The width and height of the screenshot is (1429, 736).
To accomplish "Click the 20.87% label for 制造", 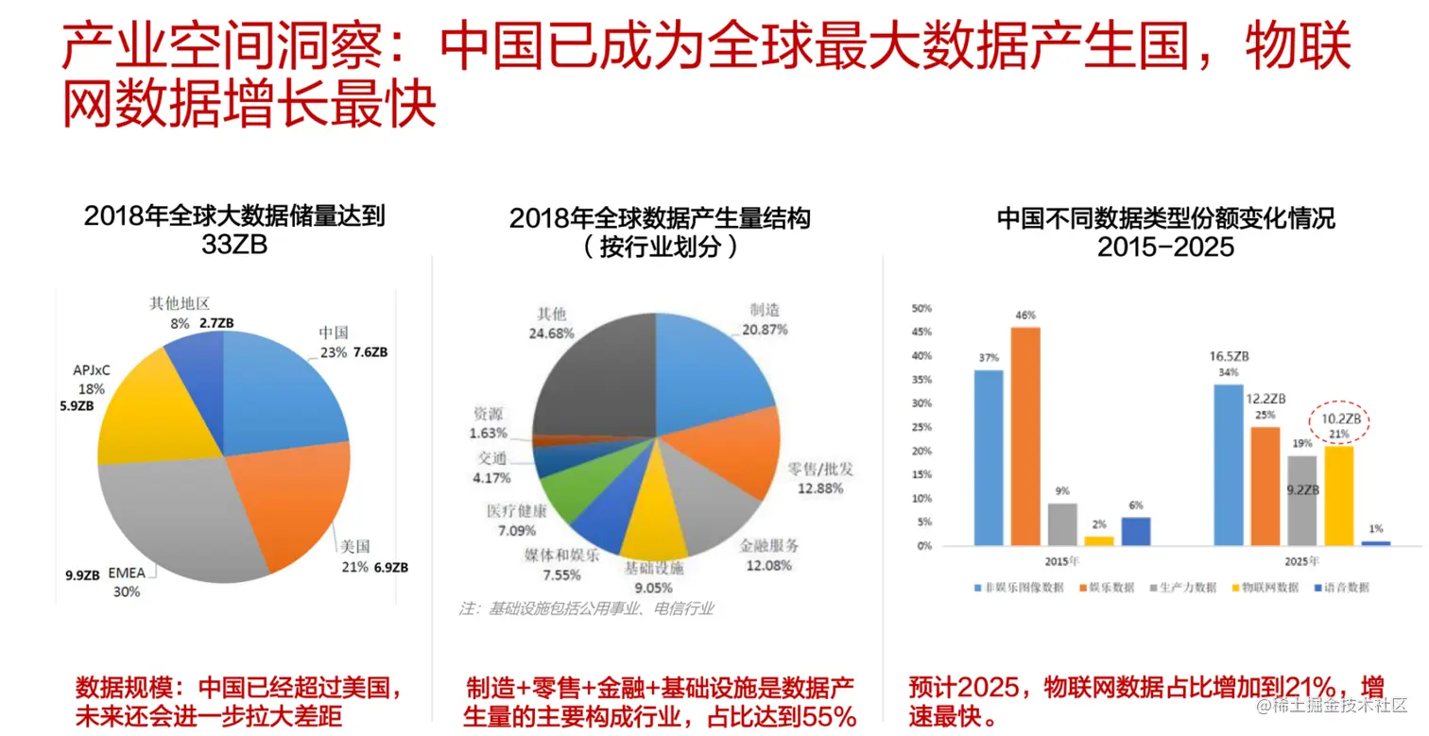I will coord(763,330).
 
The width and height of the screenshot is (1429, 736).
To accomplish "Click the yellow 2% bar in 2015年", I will coord(1098,540).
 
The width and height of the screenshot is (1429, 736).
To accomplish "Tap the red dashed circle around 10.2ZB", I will coord(1341,424).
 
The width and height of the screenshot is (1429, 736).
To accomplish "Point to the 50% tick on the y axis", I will coord(921,308).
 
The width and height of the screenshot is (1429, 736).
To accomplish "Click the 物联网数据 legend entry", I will coord(1269,587).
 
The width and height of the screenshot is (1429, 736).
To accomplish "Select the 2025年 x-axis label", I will coord(1301,561).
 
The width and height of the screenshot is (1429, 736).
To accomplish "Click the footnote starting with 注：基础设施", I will coord(587,608).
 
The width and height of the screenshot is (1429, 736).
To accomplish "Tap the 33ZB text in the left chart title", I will coord(234,244).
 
